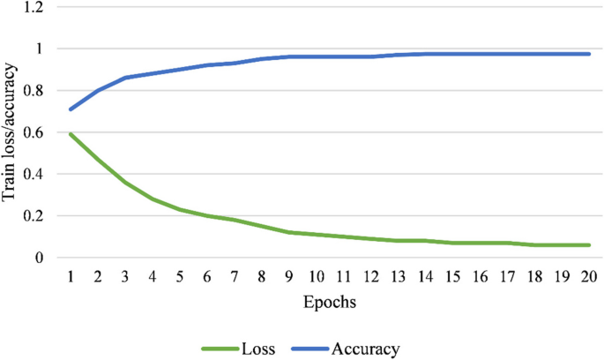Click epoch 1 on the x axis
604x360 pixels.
[x=70, y=276]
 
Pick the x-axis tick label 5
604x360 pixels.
[x=179, y=276]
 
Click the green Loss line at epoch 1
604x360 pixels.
[x=70, y=134]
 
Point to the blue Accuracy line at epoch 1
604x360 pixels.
[x=70, y=109]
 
